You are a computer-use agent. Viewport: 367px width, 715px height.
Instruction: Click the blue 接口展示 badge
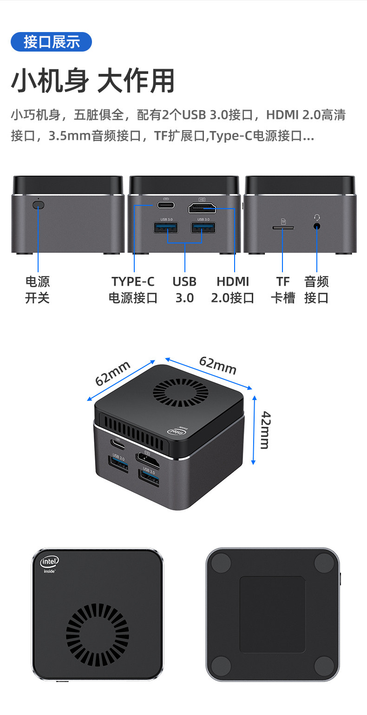pyautogui.click(x=51, y=42)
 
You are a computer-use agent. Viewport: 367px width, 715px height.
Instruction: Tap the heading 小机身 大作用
pyautogui.click(x=93, y=81)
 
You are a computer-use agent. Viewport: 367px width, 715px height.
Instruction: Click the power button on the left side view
pyautogui.click(x=38, y=204)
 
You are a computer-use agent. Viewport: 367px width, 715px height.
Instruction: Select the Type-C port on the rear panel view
pyautogui.click(x=166, y=204)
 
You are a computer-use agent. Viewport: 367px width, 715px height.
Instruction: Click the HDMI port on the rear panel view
pyautogui.click(x=202, y=208)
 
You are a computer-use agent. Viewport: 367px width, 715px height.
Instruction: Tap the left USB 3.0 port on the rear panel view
pyautogui.click(x=166, y=228)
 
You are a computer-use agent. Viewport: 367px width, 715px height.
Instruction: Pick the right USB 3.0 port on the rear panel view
pyautogui.click(x=203, y=228)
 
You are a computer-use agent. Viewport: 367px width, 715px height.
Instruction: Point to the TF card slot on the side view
pyautogui.click(x=283, y=228)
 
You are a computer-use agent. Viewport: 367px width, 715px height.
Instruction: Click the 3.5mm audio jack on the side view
pyautogui.click(x=317, y=226)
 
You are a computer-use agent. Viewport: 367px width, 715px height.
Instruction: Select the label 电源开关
pyautogui.click(x=38, y=290)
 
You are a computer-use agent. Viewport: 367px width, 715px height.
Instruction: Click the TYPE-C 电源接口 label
pyautogui.click(x=133, y=290)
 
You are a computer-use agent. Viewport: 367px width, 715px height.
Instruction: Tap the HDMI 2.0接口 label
pyautogui.click(x=233, y=290)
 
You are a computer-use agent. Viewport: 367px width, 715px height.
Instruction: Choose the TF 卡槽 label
pyautogui.click(x=283, y=290)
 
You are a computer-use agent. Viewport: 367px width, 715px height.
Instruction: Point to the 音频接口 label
pyautogui.click(x=316, y=290)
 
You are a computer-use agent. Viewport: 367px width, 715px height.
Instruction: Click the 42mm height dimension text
pyautogui.click(x=266, y=430)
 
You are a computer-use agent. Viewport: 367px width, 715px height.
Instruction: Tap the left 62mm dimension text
pyautogui.click(x=112, y=373)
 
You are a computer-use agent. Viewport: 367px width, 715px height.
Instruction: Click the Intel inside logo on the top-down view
pyautogui.click(x=49, y=564)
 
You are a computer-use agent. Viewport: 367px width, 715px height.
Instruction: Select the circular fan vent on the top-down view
pyautogui.click(x=98, y=635)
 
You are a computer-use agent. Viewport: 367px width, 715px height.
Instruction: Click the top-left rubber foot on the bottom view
pyautogui.click(x=221, y=563)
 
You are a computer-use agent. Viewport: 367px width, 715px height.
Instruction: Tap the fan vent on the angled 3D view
pyautogui.click(x=181, y=393)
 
